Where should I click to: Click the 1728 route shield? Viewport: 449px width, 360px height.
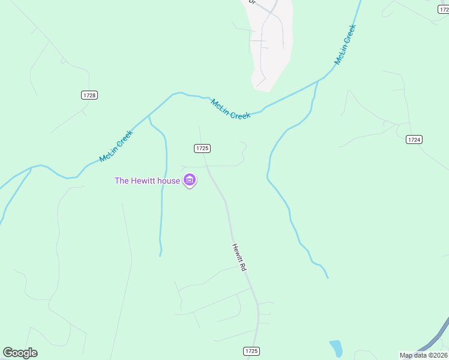pos(89,95)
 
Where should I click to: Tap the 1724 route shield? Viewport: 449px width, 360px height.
pos(414,139)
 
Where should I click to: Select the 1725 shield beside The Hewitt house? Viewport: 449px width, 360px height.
pos(202,148)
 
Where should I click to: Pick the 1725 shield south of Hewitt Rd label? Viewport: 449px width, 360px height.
pos(252,350)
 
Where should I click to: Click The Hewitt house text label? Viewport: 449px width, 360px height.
pos(147,181)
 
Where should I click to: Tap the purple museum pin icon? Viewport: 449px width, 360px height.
pos(190,180)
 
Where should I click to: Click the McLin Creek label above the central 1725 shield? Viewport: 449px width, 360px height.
pos(231,109)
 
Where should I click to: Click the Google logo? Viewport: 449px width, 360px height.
pos(20,353)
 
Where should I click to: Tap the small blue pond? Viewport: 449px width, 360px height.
pos(336,348)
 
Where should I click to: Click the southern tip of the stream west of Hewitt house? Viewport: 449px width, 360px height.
pos(160,256)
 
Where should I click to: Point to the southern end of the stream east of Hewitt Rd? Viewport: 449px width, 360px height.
pos(328,278)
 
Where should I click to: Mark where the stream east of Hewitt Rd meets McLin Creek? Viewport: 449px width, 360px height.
pos(317,81)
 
